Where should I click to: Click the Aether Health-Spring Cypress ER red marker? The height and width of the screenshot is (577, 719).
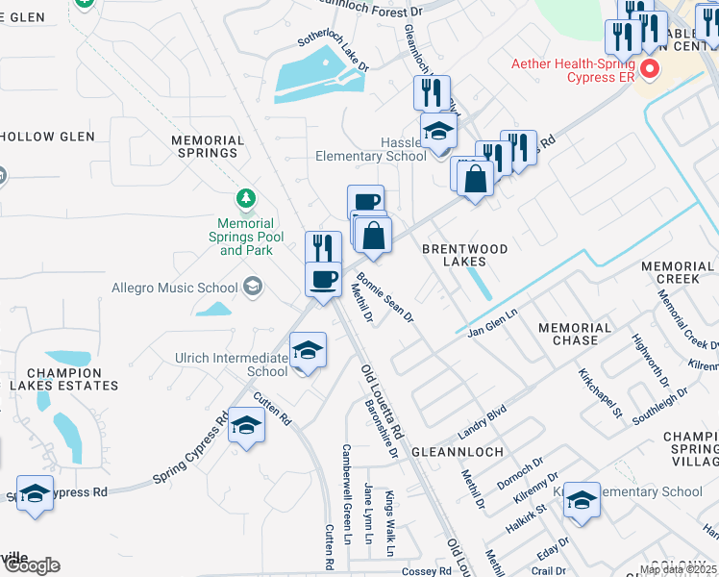coord(650,69)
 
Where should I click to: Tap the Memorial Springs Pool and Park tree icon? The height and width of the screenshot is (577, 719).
coord(247,198)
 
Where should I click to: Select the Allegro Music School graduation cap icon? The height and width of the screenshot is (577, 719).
coord(253,286)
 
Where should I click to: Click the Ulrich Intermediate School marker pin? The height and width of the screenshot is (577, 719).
coord(307,351)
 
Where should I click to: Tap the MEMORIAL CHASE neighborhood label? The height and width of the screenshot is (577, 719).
coord(575,334)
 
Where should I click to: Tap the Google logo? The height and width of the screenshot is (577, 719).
coord(31,565)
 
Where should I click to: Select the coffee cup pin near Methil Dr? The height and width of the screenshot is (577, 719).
coord(323,280)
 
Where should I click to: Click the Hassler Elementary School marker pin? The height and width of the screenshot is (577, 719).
coord(438,133)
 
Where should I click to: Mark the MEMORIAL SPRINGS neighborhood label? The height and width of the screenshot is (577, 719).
coord(205,146)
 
